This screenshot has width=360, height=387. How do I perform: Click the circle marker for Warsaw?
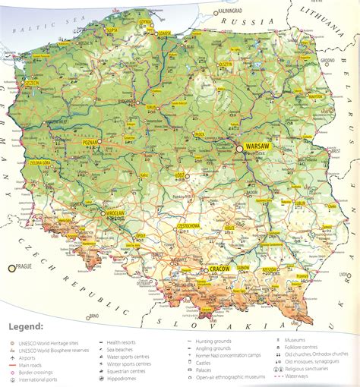coord(240,149)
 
